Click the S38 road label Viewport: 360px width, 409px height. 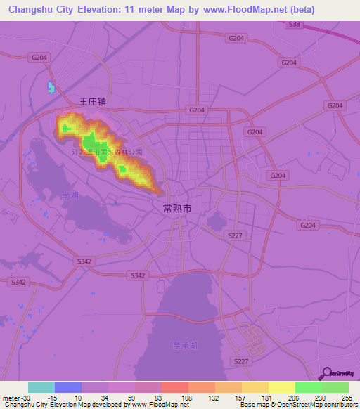[294, 24]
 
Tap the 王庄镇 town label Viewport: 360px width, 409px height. [91, 101]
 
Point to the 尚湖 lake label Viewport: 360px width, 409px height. [69, 194]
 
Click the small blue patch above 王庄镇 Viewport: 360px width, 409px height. [50, 88]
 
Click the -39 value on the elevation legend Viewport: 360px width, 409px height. [25, 397]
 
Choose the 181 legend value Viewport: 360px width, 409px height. [268, 397]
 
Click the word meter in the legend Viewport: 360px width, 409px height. [11, 397]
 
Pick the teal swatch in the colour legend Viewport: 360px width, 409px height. [41, 387]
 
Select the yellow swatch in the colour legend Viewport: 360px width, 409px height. [282, 387]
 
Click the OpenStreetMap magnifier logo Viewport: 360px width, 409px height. [326, 374]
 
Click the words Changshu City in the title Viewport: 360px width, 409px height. [39, 10]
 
